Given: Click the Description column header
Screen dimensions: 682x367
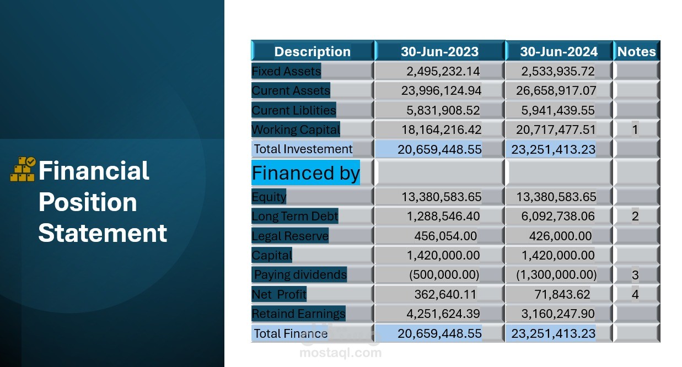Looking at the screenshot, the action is coord(313,51).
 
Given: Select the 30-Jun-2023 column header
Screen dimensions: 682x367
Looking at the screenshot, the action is coord(439,51).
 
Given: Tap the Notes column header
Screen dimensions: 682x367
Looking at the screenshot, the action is coord(636,51).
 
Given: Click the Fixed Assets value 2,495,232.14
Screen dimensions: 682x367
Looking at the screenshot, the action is coord(443,72).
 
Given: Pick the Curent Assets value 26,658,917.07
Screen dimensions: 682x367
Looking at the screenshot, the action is coord(556,91).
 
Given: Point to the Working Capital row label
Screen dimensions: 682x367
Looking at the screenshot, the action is coord(296,129).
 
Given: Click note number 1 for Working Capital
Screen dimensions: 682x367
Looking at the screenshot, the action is coord(635,129).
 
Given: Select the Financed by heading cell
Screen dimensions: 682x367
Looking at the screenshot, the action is coord(305,173).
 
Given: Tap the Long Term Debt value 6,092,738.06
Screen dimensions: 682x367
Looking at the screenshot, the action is coord(558,217).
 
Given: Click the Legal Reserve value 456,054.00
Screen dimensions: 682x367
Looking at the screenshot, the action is coord(445,236).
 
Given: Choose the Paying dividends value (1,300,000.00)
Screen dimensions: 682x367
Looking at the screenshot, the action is coord(556,275).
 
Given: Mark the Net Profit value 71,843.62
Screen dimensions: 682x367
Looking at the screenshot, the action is coord(562,294).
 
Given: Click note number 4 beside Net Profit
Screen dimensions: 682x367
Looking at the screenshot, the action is coord(635,294).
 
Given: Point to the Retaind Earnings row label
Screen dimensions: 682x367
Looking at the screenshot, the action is coord(298,314).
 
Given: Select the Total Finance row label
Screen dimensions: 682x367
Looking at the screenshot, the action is coord(291,333).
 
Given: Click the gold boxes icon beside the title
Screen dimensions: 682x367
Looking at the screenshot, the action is coord(23,169).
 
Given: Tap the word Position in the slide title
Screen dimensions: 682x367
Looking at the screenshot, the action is coord(88,202).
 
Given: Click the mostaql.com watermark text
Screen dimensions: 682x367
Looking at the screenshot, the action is coord(340,353).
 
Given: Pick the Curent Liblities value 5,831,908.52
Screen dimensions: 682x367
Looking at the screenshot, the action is coord(443,110).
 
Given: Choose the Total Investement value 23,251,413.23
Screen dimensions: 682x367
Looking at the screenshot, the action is coord(553,149).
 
